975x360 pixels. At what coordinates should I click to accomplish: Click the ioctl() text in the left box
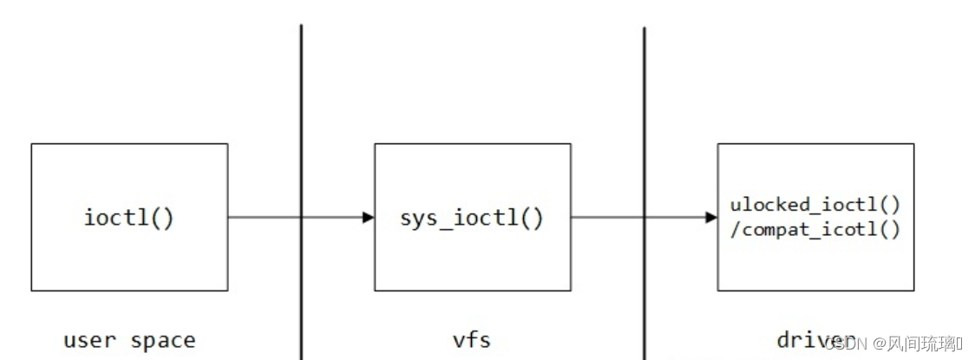[129, 217]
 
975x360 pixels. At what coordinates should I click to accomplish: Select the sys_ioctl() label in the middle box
[472, 217]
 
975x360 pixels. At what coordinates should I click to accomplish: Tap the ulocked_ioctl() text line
[815, 206]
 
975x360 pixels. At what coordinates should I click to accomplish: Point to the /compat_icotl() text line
[815, 229]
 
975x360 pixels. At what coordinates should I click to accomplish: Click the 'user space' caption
[129, 340]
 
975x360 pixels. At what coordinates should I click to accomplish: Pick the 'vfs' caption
[472, 340]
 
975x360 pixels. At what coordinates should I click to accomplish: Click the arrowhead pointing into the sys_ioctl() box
[368, 217]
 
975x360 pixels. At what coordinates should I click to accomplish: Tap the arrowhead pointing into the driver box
[711, 217]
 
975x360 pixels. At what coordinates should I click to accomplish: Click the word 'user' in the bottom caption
[91, 340]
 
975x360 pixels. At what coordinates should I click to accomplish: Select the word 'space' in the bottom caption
[163, 340]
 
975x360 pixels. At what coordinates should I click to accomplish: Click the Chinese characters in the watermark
[923, 344]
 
